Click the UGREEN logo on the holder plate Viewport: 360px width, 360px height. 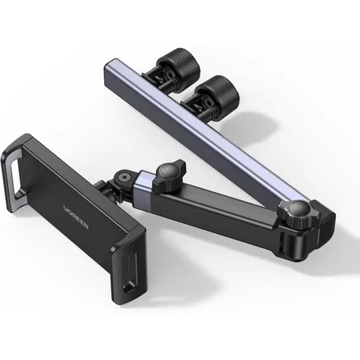pos(76,217)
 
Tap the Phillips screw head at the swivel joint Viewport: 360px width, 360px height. pos(124,177)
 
